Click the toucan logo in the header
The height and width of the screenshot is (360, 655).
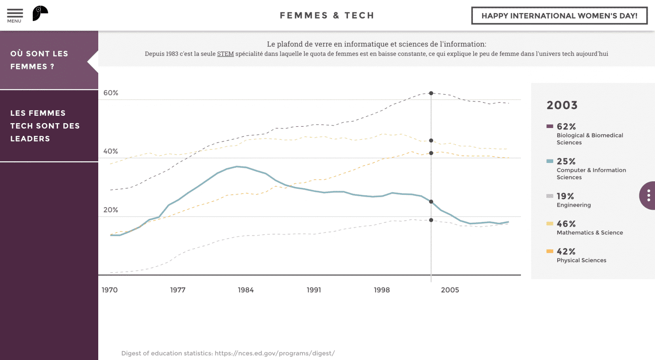tap(40, 14)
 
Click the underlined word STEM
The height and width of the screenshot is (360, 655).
tap(225, 54)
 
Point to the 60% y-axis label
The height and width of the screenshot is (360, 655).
tap(111, 93)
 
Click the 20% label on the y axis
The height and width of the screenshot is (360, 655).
tap(111, 210)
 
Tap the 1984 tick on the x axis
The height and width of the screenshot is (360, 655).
tap(246, 290)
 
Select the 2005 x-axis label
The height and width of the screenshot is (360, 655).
tap(450, 290)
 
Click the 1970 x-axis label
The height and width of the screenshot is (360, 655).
tap(110, 290)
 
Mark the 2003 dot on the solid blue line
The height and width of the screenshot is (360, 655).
tap(431, 202)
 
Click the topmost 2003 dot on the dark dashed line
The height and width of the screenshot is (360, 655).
tap(431, 93)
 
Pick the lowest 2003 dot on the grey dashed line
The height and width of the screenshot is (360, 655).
tap(431, 220)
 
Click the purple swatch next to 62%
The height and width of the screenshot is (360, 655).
tap(550, 126)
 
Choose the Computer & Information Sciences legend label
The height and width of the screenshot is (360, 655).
tap(591, 173)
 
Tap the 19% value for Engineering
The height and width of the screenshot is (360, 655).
tap(565, 196)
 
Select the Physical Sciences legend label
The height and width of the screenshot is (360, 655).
tap(581, 260)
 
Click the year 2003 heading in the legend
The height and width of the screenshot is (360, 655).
tap(562, 105)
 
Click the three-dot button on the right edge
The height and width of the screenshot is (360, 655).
tap(648, 195)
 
